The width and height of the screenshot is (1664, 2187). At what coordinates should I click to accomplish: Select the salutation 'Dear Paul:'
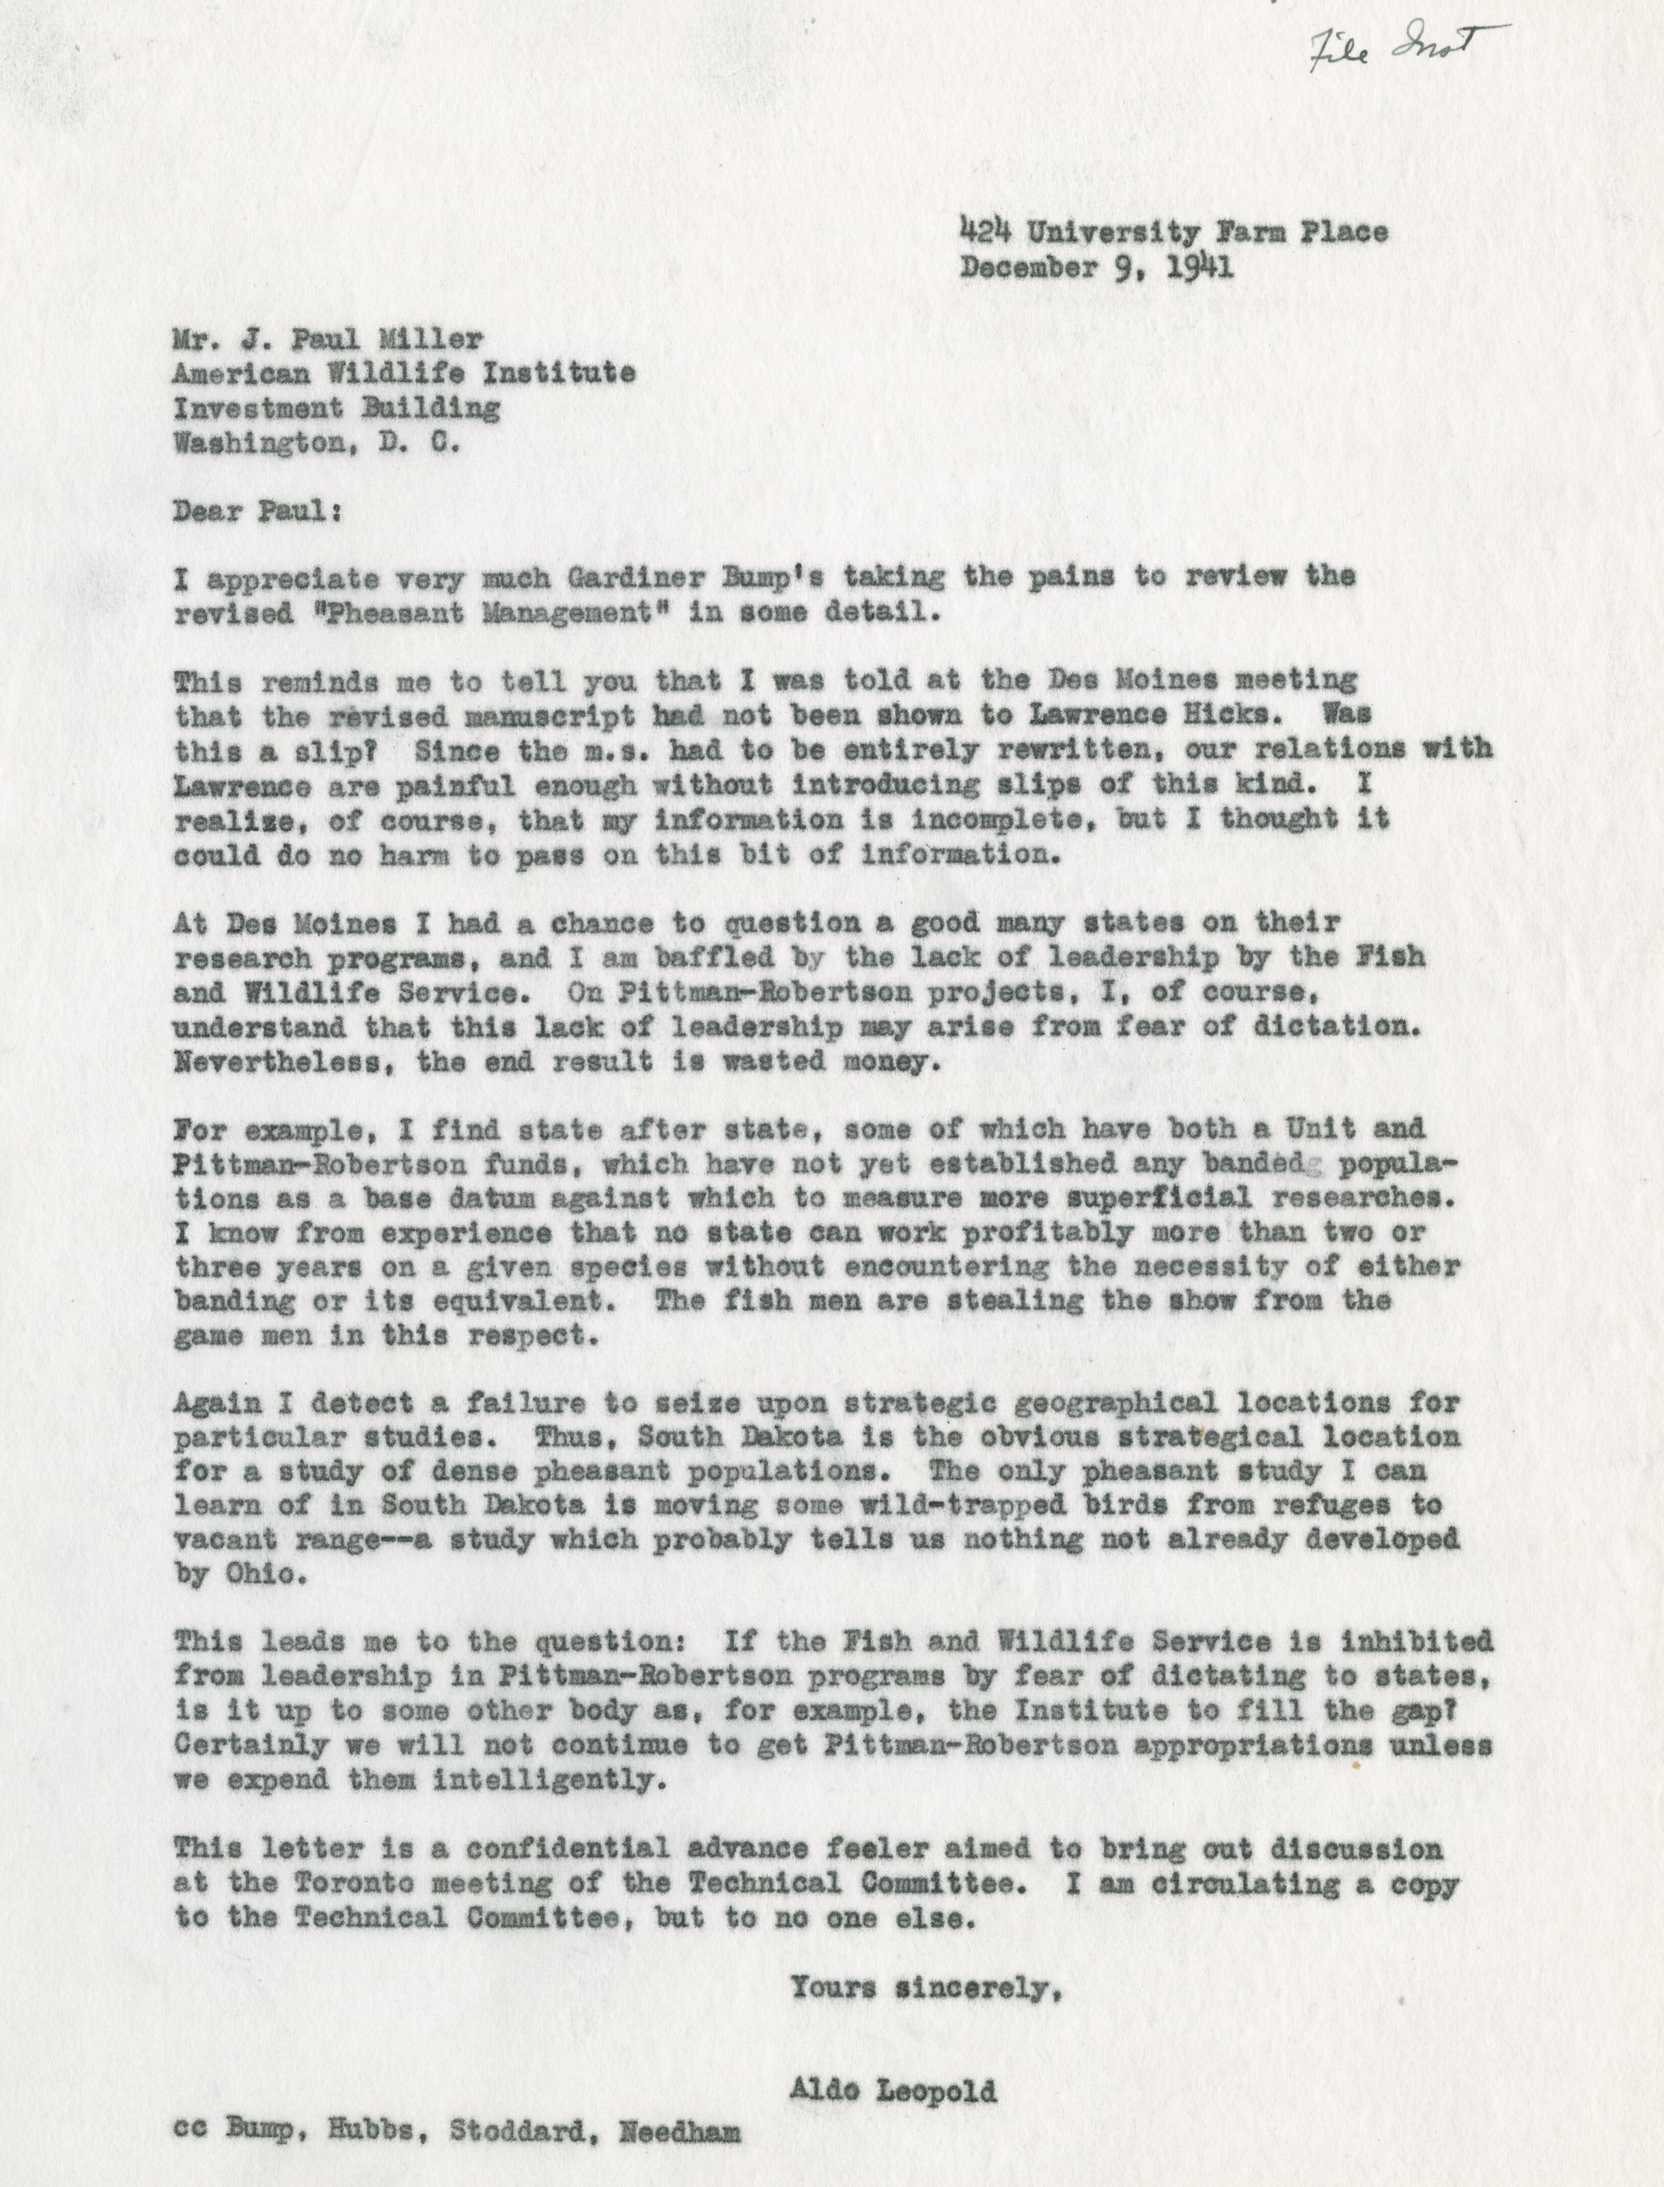click(x=258, y=513)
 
